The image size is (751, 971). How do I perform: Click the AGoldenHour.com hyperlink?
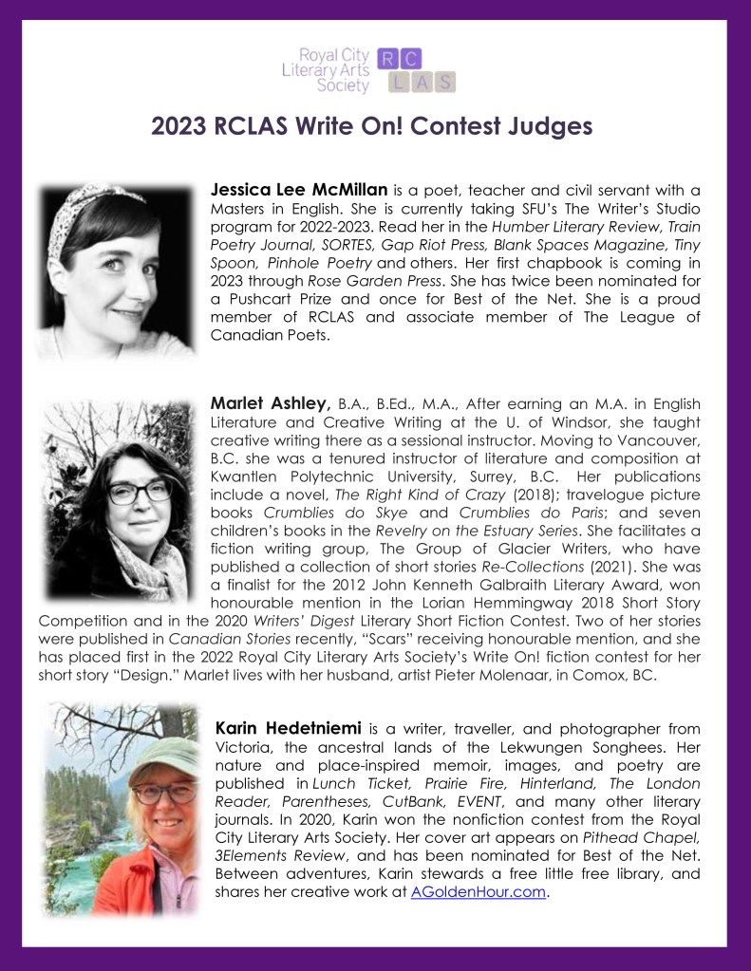tap(479, 893)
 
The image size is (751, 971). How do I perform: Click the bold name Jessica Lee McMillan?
tap(299, 190)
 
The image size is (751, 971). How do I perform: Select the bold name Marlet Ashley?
tap(270, 401)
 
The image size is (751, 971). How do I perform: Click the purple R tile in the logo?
tap(387, 60)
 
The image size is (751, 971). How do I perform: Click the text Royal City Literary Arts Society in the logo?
tap(327, 71)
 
